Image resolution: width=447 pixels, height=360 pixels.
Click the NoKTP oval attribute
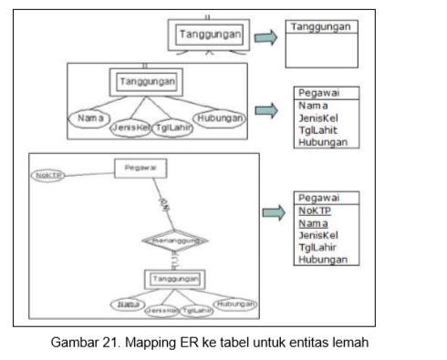tap(46, 174)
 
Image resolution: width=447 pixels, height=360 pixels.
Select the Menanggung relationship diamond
tap(175, 241)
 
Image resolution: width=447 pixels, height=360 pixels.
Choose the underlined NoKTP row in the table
tap(314, 210)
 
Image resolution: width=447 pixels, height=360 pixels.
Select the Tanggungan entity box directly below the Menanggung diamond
tap(174, 277)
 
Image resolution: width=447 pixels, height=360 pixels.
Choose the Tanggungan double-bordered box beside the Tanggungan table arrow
tap(210, 35)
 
